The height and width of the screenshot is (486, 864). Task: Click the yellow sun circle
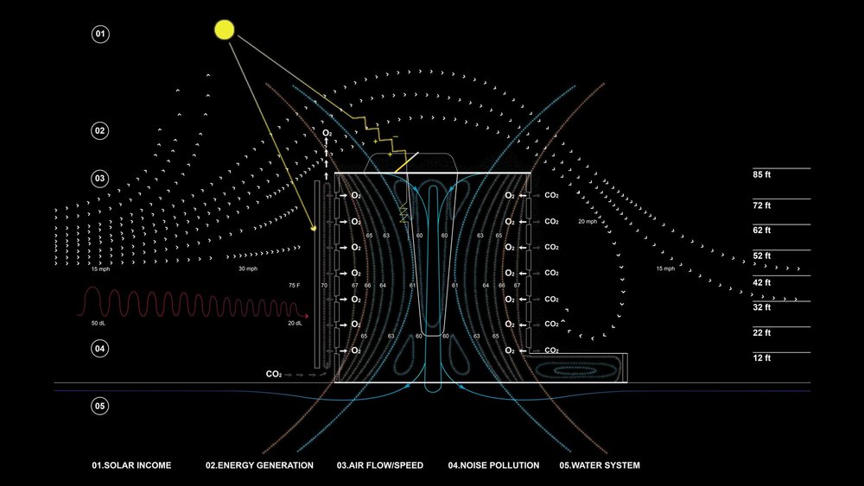click(225, 30)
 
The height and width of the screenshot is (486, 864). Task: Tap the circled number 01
click(100, 35)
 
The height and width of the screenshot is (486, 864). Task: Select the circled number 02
click(100, 131)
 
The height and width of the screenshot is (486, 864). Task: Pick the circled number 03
click(100, 179)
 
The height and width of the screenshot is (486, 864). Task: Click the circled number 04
click(100, 349)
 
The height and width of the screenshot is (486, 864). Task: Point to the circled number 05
click(100, 406)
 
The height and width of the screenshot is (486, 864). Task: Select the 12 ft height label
click(761, 357)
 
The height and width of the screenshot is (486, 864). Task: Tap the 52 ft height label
click(761, 256)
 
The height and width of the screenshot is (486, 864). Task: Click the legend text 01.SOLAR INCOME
click(132, 466)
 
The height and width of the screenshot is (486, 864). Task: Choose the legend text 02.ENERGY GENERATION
click(259, 466)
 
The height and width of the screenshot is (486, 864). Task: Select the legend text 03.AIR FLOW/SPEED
click(380, 466)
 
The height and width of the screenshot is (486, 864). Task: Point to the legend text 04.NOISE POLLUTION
click(494, 466)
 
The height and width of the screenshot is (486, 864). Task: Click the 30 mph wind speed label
click(248, 269)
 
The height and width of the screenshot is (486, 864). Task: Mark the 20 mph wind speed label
click(588, 223)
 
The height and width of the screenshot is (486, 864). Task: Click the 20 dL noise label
click(294, 323)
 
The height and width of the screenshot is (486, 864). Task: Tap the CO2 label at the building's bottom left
click(274, 375)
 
